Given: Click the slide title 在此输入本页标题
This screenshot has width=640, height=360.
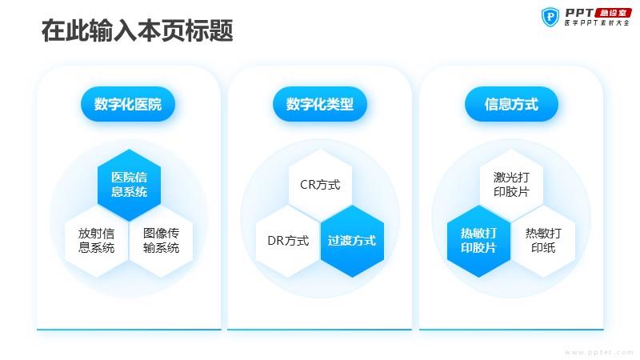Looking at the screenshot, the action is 137,30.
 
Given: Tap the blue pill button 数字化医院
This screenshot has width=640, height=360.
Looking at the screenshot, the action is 128,104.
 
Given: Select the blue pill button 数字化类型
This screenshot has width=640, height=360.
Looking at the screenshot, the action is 319,104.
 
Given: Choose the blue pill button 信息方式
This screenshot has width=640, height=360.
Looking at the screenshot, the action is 511,104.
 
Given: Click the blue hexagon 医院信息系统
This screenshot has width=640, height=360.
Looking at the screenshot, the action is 129,185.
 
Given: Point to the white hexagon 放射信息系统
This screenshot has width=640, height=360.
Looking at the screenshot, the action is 96,241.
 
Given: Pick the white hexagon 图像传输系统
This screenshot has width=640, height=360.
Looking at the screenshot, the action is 161,241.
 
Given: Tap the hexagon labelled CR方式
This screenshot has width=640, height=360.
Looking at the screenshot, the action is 320,185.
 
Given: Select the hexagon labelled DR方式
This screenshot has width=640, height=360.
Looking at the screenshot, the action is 288,241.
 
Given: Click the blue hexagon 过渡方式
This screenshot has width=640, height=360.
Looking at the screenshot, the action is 352,241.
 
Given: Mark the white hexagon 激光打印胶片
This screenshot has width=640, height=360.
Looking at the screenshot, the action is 511,185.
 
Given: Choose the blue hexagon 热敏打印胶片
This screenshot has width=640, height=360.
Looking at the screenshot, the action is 478,241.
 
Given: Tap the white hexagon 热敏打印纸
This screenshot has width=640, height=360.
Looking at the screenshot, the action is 543,241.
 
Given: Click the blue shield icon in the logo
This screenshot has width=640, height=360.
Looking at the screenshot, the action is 550,17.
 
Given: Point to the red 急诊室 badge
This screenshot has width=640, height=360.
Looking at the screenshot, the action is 613,13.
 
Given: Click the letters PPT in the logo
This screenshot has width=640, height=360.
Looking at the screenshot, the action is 579,13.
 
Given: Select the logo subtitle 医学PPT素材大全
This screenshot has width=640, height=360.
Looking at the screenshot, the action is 597,23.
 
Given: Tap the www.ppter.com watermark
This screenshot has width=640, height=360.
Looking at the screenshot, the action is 599,352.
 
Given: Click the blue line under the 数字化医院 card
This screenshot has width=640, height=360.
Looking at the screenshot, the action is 129,330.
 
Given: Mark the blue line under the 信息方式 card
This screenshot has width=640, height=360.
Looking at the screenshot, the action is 511,330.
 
